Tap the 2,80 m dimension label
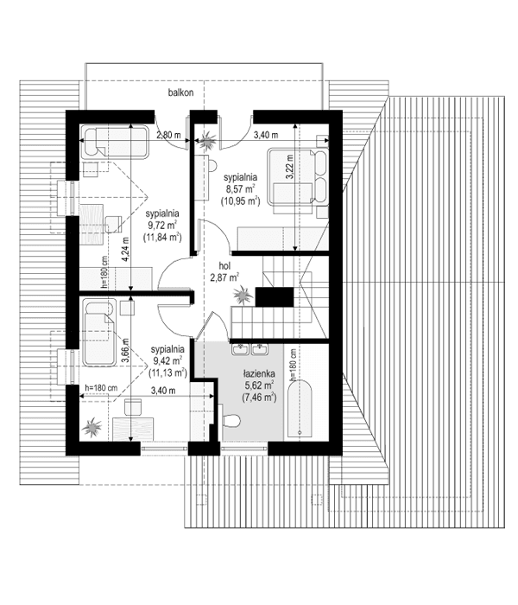[168, 135]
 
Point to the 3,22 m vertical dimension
[290, 164]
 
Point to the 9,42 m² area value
[167, 361]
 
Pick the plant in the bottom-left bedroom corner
[92, 427]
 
